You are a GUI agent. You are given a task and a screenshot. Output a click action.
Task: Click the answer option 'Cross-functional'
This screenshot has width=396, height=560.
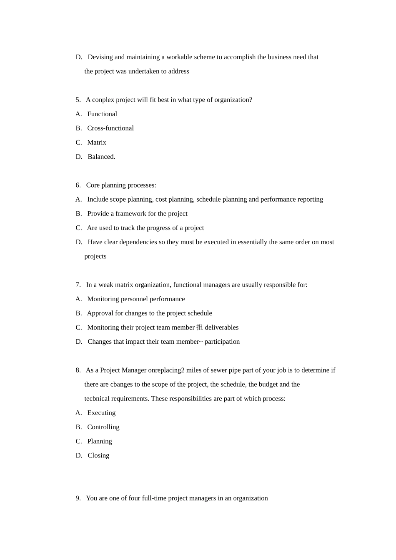110,128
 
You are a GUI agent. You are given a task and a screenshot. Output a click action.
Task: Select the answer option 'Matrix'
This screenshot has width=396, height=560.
97,142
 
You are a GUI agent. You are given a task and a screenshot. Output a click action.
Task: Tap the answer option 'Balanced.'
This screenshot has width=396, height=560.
101,157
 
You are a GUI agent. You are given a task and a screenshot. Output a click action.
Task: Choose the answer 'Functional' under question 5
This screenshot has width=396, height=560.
102,114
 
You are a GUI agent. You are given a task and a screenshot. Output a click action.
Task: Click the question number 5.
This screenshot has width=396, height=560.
78,100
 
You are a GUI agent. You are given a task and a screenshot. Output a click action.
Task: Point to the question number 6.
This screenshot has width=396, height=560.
78,185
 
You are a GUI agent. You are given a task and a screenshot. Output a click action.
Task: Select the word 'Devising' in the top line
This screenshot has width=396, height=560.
100,57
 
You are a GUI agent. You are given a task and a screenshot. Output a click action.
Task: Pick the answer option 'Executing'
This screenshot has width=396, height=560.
101,413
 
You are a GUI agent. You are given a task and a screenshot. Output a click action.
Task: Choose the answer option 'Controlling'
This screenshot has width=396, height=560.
103,427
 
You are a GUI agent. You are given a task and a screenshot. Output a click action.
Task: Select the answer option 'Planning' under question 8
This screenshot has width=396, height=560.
100,441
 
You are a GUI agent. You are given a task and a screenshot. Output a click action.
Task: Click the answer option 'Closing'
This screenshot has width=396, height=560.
98,455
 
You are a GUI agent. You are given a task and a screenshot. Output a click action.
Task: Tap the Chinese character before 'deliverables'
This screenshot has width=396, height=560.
200,327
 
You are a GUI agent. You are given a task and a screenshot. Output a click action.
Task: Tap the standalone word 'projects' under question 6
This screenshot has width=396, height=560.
95,256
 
